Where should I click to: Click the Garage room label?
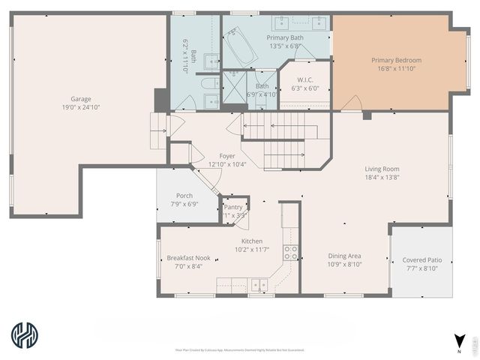click(81, 99)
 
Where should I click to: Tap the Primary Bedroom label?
click(396, 60)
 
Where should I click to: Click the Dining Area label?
click(344, 256)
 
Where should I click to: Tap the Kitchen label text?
click(251, 241)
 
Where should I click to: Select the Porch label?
click(184, 196)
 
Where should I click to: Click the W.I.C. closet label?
click(305, 79)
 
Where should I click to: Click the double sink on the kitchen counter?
click(258, 285)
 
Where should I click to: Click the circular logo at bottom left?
click(26, 335)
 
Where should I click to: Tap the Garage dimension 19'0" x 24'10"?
click(81, 107)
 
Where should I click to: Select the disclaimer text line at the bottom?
click(240, 349)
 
